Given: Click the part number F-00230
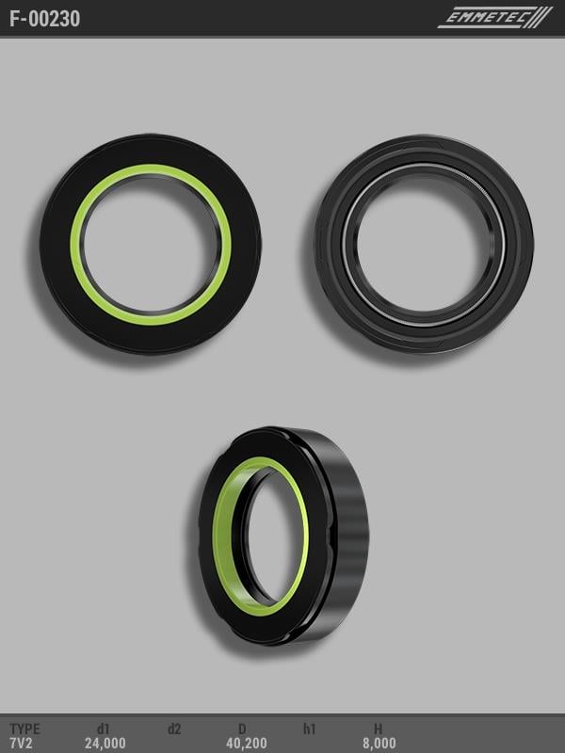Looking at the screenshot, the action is click(44, 19).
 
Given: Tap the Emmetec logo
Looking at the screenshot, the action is click(495, 18).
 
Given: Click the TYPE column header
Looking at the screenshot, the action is click(25, 729).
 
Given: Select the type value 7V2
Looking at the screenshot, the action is click(21, 744).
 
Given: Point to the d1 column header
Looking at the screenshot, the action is click(104, 729).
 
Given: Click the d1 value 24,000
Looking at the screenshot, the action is click(105, 744).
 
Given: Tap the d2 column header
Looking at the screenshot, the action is click(174, 729).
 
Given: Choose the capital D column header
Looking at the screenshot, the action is click(242, 729).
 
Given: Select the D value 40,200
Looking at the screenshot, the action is click(247, 744).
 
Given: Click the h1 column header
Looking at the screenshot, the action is click(310, 729).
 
